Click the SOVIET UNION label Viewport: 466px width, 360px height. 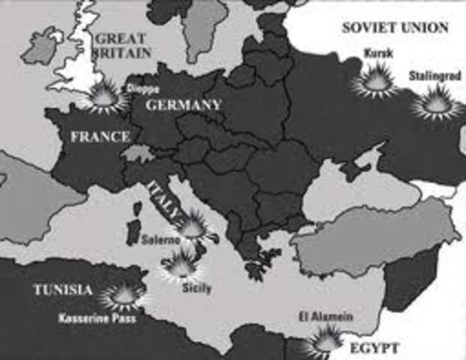[x=395, y=28]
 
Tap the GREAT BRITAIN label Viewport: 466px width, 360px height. [x=123, y=45]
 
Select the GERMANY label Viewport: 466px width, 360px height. [x=183, y=105]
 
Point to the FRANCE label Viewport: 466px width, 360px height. [x=99, y=137]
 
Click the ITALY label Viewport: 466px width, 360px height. [x=164, y=199]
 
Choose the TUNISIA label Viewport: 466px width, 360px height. [x=62, y=290]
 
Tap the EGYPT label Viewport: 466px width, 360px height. [x=373, y=348]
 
